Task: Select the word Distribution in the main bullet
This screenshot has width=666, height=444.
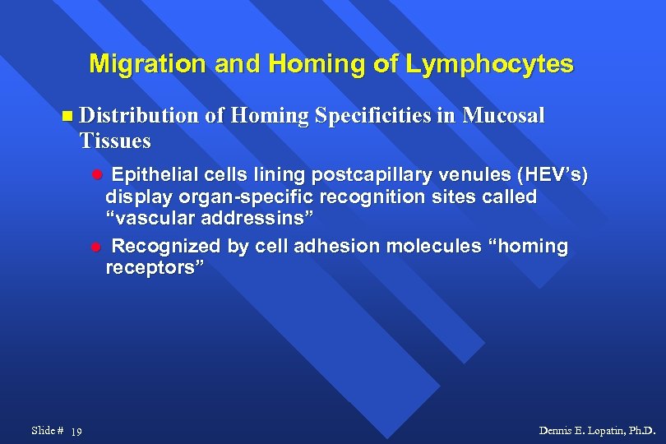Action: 139,116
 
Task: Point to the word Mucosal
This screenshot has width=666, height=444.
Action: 503,116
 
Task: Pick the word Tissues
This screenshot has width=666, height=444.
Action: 115,141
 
